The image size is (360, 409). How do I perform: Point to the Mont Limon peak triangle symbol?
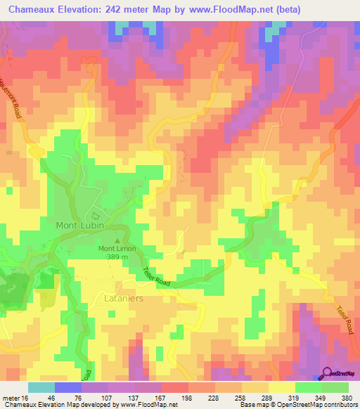[117, 240]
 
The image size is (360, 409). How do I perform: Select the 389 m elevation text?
[117, 258]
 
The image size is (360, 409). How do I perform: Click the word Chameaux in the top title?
[35, 9]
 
